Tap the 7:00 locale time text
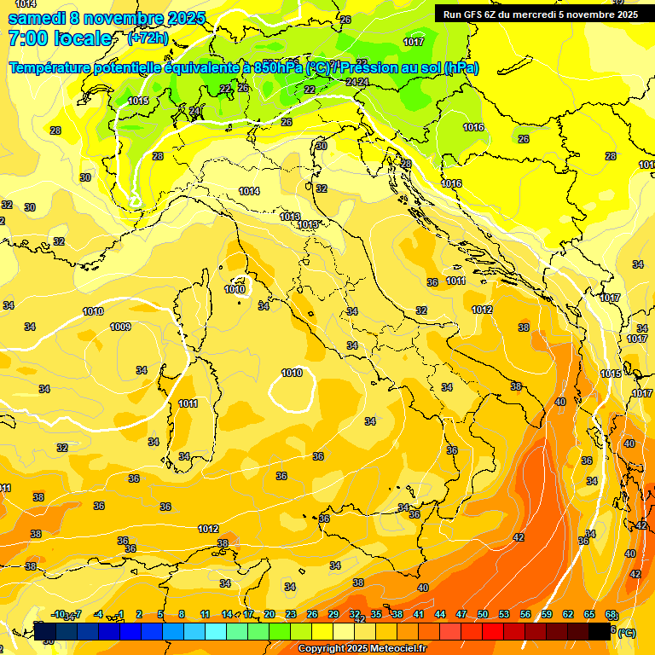[60, 38]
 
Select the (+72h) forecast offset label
[148, 38]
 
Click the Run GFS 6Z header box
[540, 14]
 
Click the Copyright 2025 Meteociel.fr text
[362, 649]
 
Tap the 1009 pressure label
[120, 327]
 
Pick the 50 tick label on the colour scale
[483, 614]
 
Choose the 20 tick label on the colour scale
[270, 614]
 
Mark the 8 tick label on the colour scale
[182, 614]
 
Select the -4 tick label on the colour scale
[99, 614]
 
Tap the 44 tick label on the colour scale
[440, 614]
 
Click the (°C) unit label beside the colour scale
[626, 633]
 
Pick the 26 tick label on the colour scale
[312, 614]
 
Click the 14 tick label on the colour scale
[227, 614]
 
